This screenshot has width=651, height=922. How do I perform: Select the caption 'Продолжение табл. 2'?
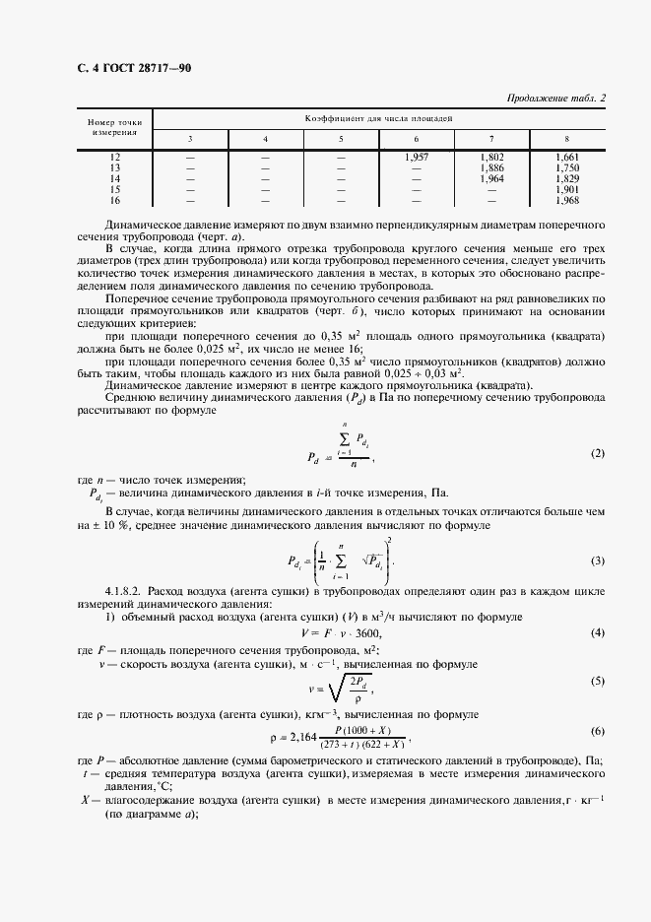point(556,98)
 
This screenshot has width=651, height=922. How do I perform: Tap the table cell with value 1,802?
point(491,158)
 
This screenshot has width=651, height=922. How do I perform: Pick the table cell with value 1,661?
point(567,158)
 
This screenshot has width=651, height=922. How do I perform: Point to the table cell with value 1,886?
point(491,168)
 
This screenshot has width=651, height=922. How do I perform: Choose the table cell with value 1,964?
point(491,179)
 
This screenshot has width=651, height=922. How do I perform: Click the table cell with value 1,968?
point(567,201)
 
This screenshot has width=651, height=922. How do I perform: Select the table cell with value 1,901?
point(567,190)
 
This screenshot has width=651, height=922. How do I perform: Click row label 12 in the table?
point(115,158)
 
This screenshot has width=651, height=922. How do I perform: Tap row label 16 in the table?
point(115,201)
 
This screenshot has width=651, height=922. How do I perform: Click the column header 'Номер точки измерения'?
point(115,124)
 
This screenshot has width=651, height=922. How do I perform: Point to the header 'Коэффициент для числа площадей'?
point(378,117)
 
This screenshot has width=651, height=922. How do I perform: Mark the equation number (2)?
point(597,453)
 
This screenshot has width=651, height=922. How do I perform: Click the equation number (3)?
point(597,560)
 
